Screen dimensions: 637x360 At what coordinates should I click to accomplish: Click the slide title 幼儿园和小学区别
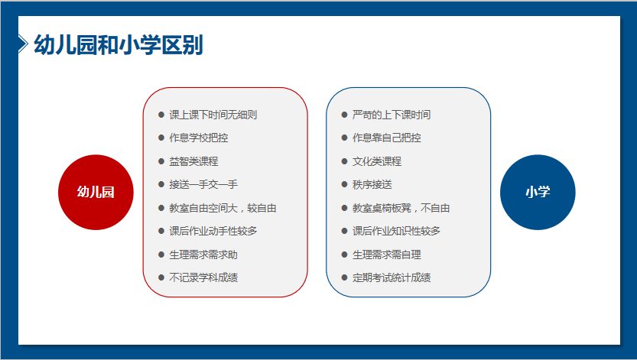pyautogui.click(x=119, y=44)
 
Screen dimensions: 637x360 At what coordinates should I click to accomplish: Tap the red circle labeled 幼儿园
pyautogui.click(x=96, y=192)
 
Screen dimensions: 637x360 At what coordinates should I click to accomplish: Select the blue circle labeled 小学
pyautogui.click(x=538, y=192)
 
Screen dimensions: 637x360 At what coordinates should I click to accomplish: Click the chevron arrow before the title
pyautogui.click(x=23, y=44)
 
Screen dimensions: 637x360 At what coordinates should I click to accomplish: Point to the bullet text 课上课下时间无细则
pyautogui.click(x=213, y=115)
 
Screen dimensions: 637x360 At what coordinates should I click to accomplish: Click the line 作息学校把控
pyautogui.click(x=198, y=138)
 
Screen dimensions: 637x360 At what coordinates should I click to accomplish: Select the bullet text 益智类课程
pyautogui.click(x=193, y=161)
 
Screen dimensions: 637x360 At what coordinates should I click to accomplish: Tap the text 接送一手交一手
pyautogui.click(x=203, y=185)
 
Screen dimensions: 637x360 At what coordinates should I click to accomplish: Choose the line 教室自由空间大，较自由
pyautogui.click(x=223, y=208)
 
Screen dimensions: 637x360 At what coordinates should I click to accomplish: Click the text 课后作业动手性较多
pyautogui.click(x=213, y=232)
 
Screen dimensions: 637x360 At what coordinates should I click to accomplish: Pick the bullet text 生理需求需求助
pyautogui.click(x=203, y=255)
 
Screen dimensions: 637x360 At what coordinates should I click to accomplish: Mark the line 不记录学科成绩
pyautogui.click(x=203, y=278)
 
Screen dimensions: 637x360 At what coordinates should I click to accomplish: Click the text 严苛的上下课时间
pyautogui.click(x=392, y=115)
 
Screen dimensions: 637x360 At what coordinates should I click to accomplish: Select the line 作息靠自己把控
pyautogui.click(x=386, y=138)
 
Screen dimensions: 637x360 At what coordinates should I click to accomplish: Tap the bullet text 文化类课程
pyautogui.click(x=376, y=161)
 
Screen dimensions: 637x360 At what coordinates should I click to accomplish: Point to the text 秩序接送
pyautogui.click(x=372, y=185)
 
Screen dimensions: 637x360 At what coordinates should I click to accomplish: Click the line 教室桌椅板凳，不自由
pyautogui.click(x=401, y=208)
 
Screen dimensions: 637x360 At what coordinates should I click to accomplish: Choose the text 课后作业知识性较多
pyautogui.click(x=396, y=232)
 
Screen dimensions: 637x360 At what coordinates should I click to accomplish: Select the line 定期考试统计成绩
pyautogui.click(x=392, y=278)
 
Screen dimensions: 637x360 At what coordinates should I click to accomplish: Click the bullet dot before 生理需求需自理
pyautogui.click(x=344, y=255)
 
